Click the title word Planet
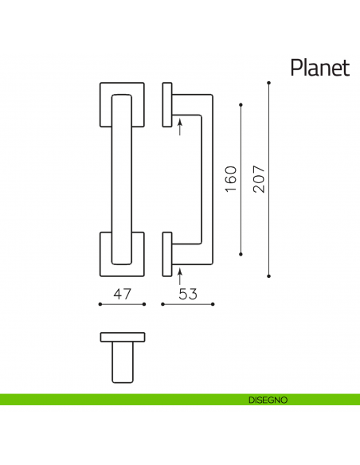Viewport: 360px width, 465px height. tap(319, 67)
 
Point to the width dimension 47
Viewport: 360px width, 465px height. tap(122, 294)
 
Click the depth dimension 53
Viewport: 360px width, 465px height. tap(188, 294)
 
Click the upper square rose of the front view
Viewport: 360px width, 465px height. tap(105, 104)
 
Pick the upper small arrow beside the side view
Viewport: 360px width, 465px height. tap(181, 127)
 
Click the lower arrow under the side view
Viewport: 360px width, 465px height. tap(181, 276)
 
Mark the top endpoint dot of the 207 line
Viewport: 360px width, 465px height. tap(269, 83)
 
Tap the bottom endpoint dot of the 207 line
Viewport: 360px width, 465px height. tap(269, 275)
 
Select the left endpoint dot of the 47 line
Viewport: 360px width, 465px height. tap(100, 304)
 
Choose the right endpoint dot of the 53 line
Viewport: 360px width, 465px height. tap(213, 304)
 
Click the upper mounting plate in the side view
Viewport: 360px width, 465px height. tap(167, 104)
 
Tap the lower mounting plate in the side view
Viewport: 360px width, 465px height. tap(167, 254)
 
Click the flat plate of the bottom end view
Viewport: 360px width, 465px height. tap(122, 336)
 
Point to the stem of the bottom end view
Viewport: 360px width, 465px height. tap(122, 362)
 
